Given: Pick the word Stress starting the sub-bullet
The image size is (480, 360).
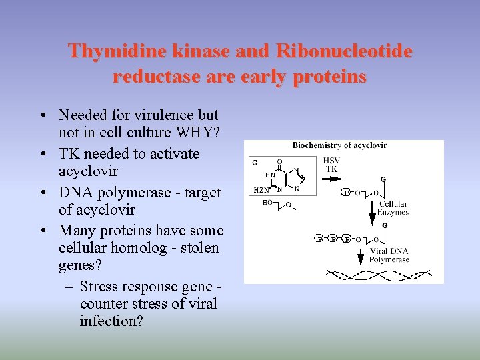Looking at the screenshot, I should click(99, 287).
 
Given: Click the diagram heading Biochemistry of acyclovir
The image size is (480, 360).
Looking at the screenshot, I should click(339, 145).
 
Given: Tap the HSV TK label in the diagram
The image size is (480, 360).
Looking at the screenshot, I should click(331, 165).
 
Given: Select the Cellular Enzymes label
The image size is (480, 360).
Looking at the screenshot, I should click(393, 208).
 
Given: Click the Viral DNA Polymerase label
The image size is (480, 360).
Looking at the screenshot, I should click(389, 255).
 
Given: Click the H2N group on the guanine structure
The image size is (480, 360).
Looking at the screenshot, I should click(261, 190).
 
